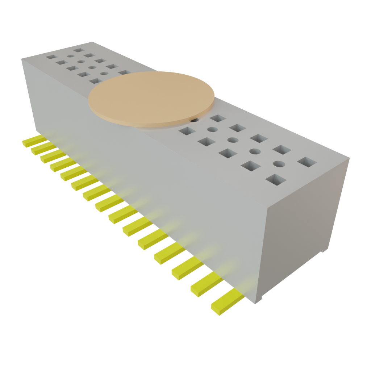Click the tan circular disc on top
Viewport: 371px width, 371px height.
tap(151, 99)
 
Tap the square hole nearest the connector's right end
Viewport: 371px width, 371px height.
tap(307, 162)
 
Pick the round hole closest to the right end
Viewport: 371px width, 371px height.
tap(278, 163)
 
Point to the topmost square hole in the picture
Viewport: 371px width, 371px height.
tap(79, 50)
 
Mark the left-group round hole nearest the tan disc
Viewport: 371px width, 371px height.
tap(104, 74)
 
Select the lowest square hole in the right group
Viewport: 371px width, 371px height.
tap(275, 179)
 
